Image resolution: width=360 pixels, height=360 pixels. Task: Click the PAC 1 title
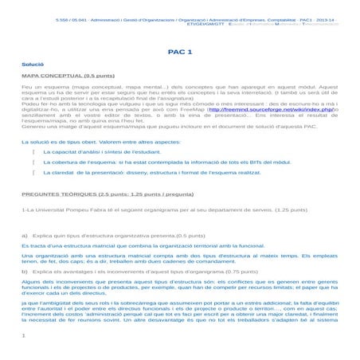180,49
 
